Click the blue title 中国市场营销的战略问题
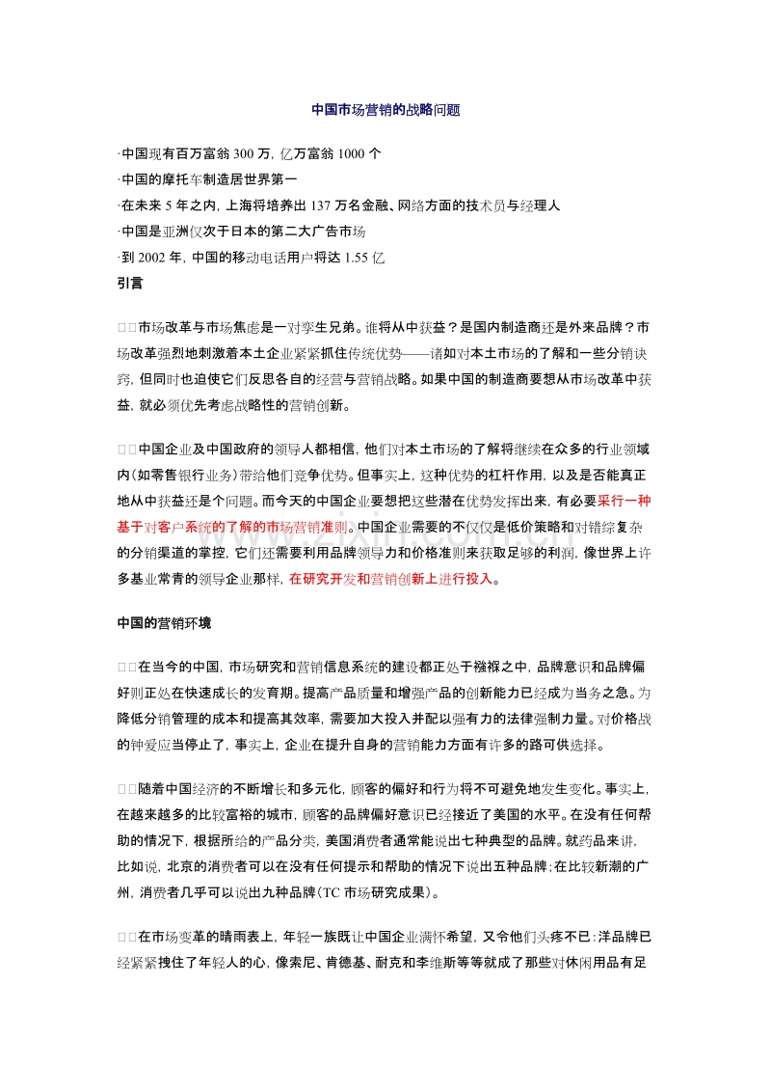(385, 110)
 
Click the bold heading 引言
(129, 284)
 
